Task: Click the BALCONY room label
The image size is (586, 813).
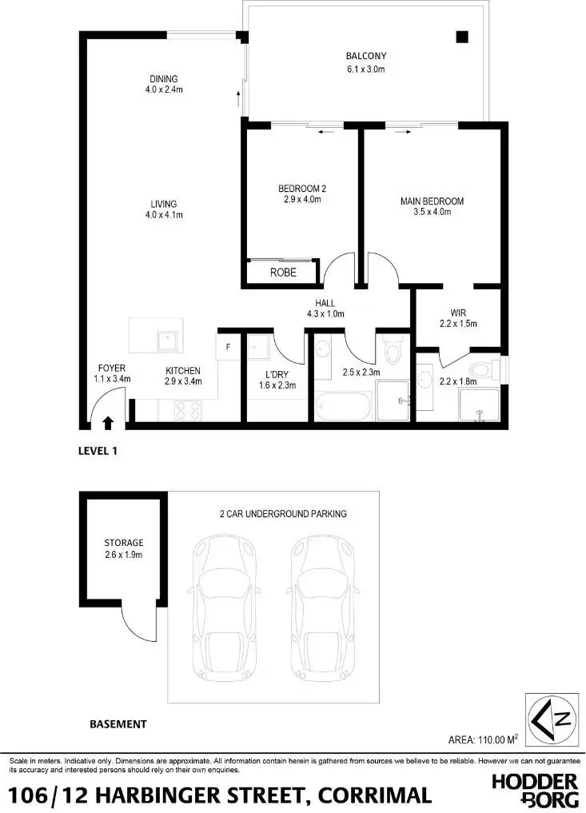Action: click(x=366, y=56)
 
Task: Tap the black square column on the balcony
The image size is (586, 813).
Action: click(x=462, y=36)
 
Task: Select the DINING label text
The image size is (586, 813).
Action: click(x=163, y=79)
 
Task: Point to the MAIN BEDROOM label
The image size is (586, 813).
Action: click(x=432, y=201)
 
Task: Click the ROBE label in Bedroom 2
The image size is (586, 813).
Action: click(x=283, y=273)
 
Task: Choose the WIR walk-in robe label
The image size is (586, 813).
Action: click(x=458, y=313)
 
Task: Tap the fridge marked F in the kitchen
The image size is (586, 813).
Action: click(x=228, y=347)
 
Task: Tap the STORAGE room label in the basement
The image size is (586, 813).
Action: click(x=123, y=543)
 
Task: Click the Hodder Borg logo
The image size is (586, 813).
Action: click(x=534, y=788)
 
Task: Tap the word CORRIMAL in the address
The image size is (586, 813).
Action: click(x=375, y=795)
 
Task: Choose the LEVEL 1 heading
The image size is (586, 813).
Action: click(x=98, y=451)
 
